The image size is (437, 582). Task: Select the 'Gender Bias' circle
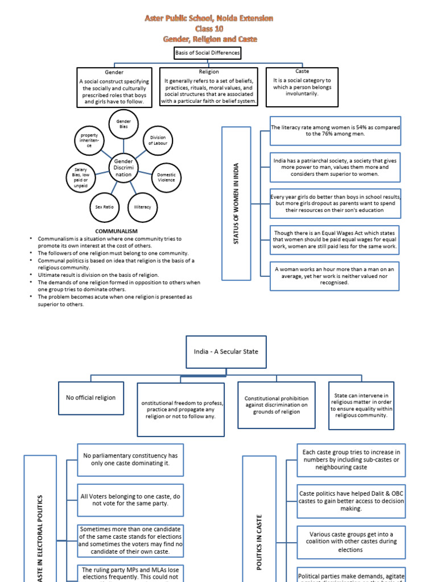(123, 124)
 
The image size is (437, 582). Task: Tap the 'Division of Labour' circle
(158, 140)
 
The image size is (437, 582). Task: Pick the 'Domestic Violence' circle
(167, 177)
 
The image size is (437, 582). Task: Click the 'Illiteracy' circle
(143, 207)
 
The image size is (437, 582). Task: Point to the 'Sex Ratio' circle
(104, 207)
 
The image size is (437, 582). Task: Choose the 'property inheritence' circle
(89, 140)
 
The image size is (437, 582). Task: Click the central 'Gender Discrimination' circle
(123, 168)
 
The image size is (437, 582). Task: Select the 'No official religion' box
(90, 398)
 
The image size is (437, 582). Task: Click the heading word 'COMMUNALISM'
(116, 231)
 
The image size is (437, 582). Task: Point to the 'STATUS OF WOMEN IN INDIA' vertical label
(236, 203)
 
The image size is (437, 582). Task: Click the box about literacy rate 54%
(335, 131)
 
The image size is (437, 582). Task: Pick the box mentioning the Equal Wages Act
(335, 239)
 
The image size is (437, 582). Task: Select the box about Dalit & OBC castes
(351, 501)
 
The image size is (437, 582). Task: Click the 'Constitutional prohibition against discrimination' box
(276, 405)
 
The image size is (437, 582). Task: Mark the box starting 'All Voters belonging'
(130, 500)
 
